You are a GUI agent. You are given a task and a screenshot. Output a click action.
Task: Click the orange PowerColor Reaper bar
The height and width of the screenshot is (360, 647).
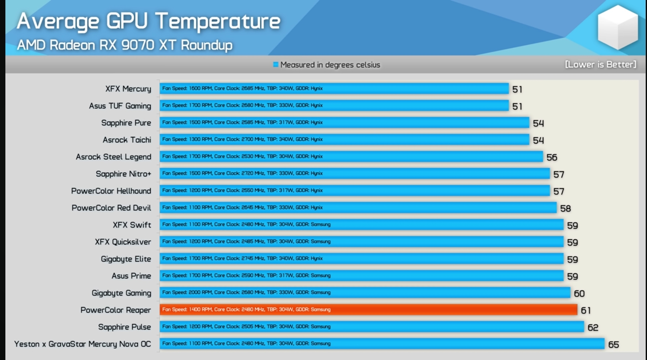click(x=369, y=309)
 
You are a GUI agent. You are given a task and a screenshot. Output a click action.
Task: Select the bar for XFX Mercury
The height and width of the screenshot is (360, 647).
click(x=334, y=88)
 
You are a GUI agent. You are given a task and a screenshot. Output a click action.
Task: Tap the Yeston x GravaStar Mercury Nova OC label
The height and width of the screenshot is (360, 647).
click(x=82, y=344)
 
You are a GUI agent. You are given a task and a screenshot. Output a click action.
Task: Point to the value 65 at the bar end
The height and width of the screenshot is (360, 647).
click(x=613, y=344)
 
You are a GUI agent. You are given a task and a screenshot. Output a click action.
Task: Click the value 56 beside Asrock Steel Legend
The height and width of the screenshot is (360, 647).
click(x=552, y=157)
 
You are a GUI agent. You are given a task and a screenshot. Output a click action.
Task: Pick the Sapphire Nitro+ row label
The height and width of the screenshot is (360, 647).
click(x=123, y=174)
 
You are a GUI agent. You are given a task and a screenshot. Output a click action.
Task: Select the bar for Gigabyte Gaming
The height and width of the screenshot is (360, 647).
click(x=365, y=292)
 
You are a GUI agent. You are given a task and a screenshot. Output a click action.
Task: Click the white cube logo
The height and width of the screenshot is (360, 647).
click(x=618, y=27)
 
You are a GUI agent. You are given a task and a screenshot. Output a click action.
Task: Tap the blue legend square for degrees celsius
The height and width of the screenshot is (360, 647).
click(x=275, y=64)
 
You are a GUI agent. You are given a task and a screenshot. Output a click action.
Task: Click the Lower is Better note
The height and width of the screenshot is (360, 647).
click(x=600, y=64)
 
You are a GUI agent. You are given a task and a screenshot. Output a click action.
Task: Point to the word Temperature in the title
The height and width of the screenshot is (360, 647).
click(x=218, y=21)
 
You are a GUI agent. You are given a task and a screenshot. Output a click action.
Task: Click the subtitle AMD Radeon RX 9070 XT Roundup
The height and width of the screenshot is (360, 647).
click(x=125, y=45)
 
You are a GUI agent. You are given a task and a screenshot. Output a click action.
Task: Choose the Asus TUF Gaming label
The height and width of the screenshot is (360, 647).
click(x=120, y=106)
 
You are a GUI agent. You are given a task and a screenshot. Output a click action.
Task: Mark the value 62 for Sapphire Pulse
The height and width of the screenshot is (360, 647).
click(x=593, y=327)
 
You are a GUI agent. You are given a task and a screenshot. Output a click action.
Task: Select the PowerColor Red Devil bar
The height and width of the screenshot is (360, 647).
click(x=358, y=207)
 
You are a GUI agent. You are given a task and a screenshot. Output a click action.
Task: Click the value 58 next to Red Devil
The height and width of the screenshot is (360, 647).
click(x=565, y=208)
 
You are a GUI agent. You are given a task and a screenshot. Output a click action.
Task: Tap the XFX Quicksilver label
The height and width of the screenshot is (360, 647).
click(x=123, y=242)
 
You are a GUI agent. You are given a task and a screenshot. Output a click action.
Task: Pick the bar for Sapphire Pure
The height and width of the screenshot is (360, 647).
click(x=345, y=122)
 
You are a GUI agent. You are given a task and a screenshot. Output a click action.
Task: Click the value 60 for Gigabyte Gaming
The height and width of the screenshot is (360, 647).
click(x=579, y=293)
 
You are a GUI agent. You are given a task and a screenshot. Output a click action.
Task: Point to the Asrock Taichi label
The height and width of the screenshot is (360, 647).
click(x=127, y=140)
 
